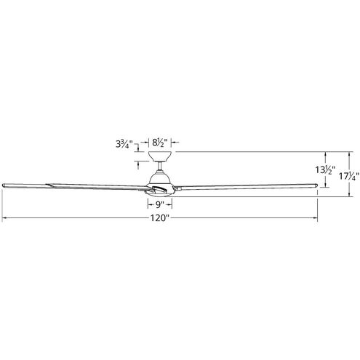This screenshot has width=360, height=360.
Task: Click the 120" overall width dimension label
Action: (159, 218)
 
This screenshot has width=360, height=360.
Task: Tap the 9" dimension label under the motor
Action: (159, 205)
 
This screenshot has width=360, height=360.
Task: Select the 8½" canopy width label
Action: (160, 143)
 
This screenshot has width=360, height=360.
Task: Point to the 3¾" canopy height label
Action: (124, 145)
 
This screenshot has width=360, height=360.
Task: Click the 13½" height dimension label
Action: (325, 169)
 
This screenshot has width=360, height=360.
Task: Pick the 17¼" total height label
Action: (348, 176)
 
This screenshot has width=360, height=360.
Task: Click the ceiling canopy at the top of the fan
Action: (160, 156)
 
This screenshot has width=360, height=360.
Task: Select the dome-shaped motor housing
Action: (160, 179)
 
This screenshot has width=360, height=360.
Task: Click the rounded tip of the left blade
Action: (4, 185)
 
